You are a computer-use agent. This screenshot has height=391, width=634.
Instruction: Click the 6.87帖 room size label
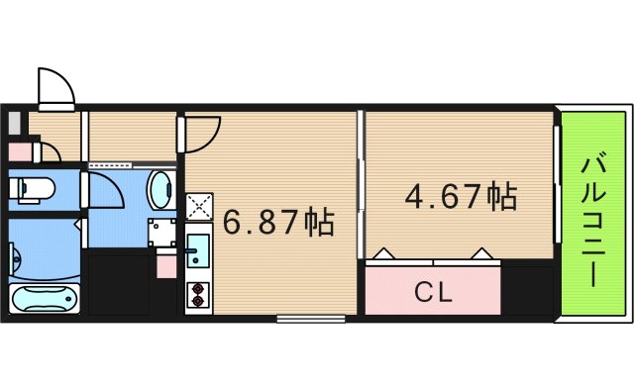point(276,222)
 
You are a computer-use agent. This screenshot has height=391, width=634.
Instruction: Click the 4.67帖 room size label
point(460,196)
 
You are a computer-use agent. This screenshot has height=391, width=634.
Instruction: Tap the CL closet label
point(433,292)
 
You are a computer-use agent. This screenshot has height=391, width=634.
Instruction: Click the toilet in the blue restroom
point(35,188)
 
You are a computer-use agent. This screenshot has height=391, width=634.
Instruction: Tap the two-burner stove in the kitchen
point(196,295)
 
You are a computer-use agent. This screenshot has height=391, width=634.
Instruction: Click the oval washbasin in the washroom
point(160,188)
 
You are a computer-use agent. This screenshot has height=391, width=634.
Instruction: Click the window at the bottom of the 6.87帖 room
point(310,319)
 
